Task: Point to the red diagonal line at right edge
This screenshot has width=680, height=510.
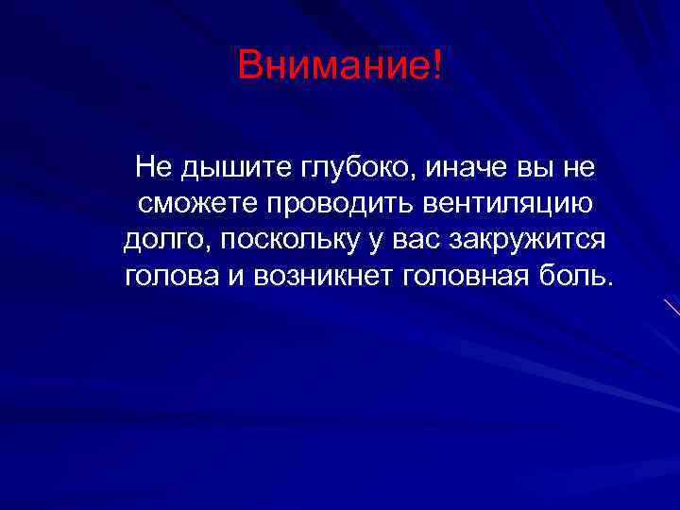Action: tap(671, 306)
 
